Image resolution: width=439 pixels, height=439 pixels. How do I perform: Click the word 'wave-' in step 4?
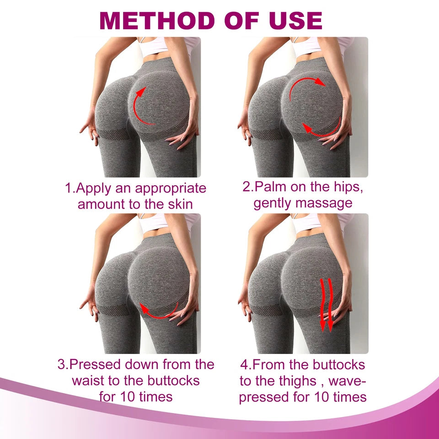[x=348, y=380]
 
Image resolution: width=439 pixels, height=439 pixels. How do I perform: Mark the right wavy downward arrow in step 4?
[x=330, y=305]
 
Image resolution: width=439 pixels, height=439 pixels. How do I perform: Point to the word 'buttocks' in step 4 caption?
[x=339, y=364]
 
